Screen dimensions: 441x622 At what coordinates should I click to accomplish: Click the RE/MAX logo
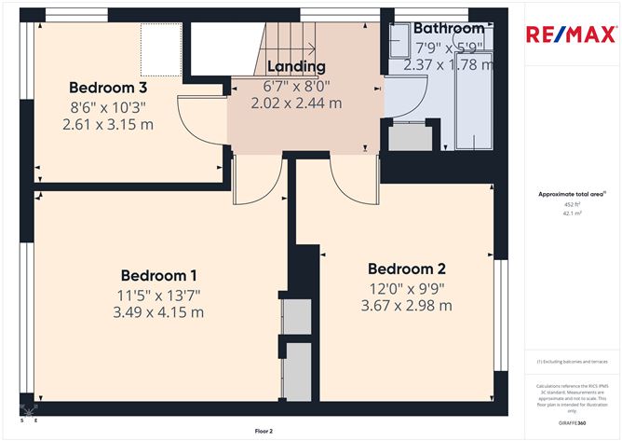pos(570,35)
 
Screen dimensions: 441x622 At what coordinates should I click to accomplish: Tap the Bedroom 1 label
pos(159,276)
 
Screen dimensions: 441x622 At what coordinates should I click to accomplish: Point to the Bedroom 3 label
pos(107,88)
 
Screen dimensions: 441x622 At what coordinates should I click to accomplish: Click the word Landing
pos(295,66)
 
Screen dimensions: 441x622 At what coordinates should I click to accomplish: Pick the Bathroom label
pos(448,28)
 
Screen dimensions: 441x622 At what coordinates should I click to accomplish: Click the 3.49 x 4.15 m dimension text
pos(159,312)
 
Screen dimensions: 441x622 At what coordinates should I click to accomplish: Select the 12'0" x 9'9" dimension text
pos(406,288)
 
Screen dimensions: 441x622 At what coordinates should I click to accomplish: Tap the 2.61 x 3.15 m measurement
pos(107,124)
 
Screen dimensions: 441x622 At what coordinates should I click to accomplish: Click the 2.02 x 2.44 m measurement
pos(295,103)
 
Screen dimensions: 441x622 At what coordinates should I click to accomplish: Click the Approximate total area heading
pos(571,194)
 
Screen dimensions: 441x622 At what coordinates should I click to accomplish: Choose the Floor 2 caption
pos(265,432)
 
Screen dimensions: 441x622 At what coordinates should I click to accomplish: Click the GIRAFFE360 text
pos(571,422)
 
